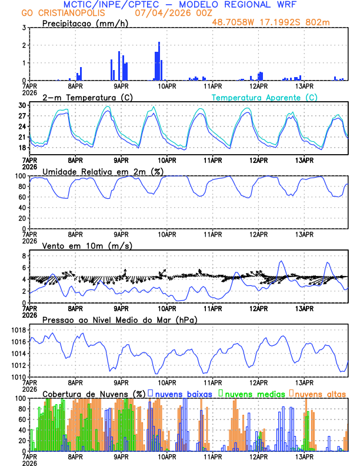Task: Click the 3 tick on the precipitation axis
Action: pyautogui.click(x=24, y=28)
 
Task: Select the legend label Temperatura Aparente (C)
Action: pyautogui.click(x=265, y=97)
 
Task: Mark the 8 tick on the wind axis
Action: pyautogui.click(x=24, y=256)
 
